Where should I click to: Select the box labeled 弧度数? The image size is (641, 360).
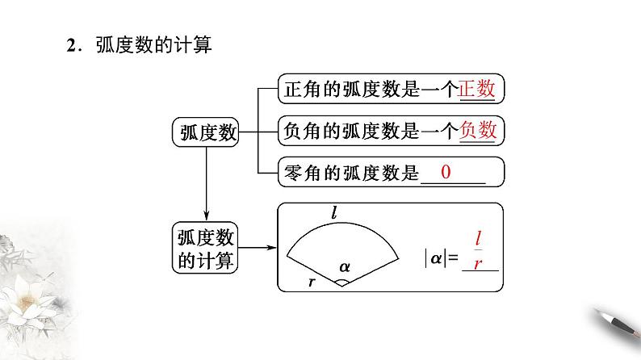coord(207,132)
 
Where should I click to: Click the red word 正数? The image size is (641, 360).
coord(476,90)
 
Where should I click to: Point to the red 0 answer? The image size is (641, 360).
coord(446,173)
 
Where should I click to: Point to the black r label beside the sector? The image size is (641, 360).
coord(312,281)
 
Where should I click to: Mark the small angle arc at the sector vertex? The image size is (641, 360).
coord(342,281)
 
